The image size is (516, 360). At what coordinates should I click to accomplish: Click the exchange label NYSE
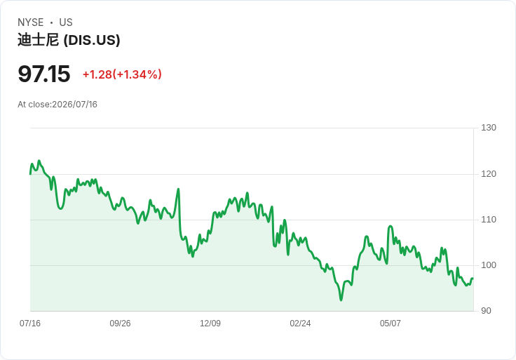(31, 22)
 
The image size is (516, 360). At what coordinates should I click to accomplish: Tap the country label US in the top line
(66, 22)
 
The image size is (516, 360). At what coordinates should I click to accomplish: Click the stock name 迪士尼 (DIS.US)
(69, 40)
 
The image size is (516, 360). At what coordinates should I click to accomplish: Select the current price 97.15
(43, 74)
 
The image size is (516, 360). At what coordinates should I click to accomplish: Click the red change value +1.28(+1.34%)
(122, 74)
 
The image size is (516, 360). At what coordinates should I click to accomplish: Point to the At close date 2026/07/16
(75, 105)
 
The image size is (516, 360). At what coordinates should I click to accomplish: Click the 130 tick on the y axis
(489, 128)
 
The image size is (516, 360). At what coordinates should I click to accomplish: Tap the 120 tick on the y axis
(489, 174)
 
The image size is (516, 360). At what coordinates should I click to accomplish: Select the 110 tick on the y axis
(489, 220)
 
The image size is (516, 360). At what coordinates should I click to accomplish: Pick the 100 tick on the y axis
(489, 265)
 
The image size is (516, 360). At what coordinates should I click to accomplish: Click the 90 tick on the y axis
(486, 311)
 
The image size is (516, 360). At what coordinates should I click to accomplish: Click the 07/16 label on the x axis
(30, 324)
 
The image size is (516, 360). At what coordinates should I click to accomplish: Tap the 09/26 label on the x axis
(120, 324)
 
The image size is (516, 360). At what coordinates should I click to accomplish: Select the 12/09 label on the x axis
(210, 324)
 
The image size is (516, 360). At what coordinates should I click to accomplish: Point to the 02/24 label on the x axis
(300, 324)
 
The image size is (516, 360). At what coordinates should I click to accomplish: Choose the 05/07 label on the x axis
(391, 324)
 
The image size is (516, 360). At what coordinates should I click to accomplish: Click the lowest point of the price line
(341, 300)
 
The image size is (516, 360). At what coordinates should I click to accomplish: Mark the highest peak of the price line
(39, 161)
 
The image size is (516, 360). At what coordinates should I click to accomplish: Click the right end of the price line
(473, 279)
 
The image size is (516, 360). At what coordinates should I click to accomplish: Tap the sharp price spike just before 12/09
(178, 189)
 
